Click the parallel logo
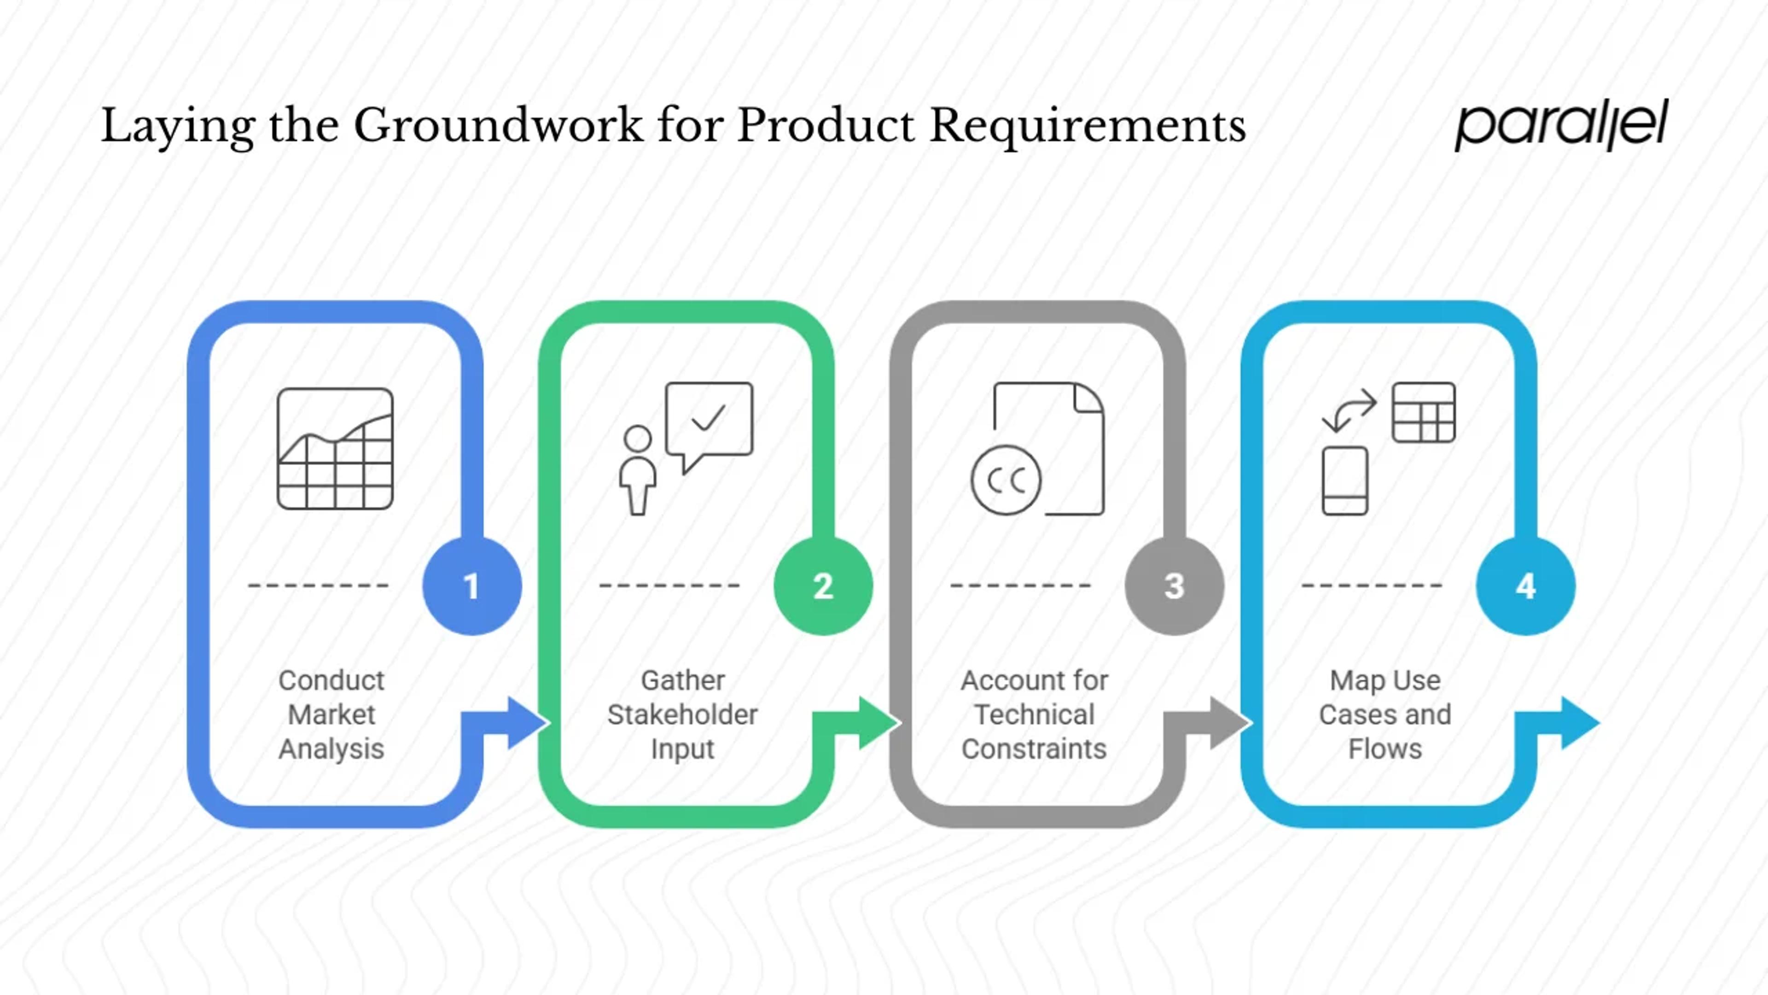point(1561,124)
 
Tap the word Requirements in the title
point(1087,126)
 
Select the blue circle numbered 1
point(471,586)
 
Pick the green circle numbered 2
point(823,586)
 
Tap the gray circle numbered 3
point(1175,586)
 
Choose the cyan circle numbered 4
point(1526,586)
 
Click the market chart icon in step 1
point(335,448)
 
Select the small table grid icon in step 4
point(1424,412)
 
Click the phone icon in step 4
point(1344,480)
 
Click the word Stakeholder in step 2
point(682,715)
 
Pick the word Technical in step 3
point(1034,715)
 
